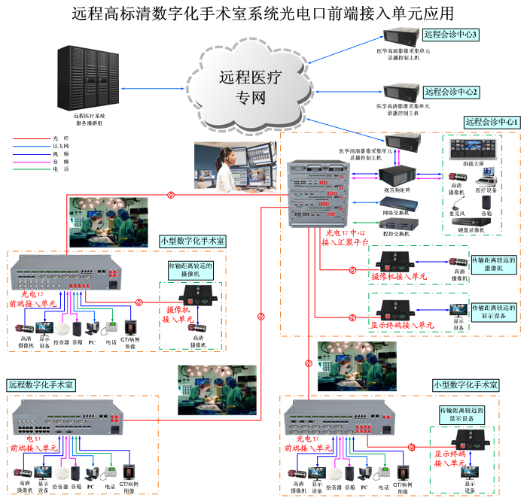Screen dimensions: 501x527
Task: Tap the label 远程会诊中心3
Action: pos(451,34)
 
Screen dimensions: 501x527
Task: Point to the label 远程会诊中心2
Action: pos(451,92)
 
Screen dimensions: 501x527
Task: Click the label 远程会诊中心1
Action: pos(492,122)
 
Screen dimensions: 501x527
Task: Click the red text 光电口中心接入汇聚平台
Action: pos(345,238)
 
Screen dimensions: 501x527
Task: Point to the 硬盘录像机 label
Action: pos(467,229)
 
